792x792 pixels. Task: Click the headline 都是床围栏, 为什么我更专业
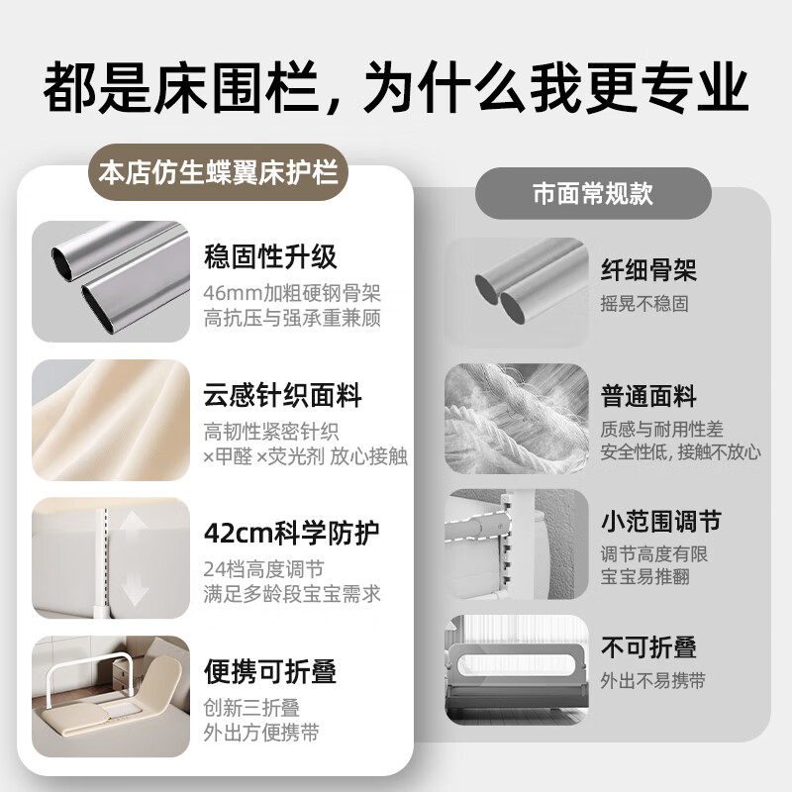click(396, 89)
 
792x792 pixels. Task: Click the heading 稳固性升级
click(270, 257)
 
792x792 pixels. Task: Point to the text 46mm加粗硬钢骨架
click(292, 293)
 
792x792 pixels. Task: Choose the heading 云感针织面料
click(283, 397)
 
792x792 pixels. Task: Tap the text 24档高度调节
click(262, 570)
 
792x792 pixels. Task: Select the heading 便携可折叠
click(270, 672)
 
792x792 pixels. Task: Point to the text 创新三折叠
click(251, 708)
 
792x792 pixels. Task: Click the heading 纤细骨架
click(648, 268)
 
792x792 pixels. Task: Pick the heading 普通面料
click(648, 397)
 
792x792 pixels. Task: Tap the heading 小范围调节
click(660, 521)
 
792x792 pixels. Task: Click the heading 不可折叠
click(648, 647)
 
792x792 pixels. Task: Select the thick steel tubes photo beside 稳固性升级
click(110, 281)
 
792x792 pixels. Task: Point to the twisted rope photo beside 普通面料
click(512, 414)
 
